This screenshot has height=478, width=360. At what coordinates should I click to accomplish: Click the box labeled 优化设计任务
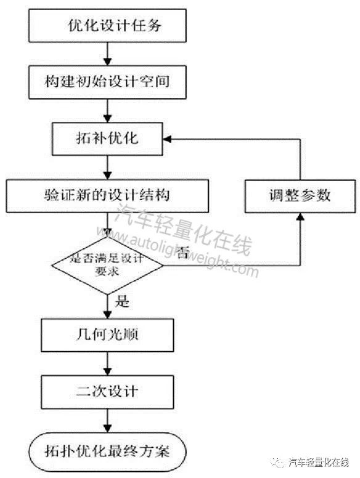point(107,26)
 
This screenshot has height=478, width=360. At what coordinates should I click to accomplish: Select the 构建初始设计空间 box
point(107,82)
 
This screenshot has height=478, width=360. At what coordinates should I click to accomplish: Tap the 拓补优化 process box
point(107,139)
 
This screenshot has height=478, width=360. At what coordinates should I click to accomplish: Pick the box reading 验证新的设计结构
point(107,196)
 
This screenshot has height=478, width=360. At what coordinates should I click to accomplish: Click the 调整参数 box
point(300,196)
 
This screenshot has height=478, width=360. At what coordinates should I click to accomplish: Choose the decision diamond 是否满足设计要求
point(107,265)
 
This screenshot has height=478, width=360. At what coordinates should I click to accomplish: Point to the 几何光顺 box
point(107,335)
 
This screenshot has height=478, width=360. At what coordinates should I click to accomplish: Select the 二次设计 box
point(107,392)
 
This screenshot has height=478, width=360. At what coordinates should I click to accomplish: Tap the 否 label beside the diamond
point(182,253)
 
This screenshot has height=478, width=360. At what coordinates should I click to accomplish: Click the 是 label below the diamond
point(122,301)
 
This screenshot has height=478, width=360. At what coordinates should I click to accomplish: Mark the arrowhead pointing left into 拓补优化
point(168,139)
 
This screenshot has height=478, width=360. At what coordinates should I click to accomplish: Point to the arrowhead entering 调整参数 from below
point(300,217)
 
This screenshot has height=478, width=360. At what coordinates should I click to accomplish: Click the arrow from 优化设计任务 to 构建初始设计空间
point(107,54)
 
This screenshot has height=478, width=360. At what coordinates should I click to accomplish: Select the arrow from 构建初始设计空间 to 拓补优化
point(107,111)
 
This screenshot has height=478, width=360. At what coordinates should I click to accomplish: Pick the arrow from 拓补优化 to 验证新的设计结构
point(107,168)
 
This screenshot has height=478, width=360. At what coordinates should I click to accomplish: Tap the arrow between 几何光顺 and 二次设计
point(107,363)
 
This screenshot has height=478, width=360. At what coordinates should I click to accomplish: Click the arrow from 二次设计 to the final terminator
point(107,421)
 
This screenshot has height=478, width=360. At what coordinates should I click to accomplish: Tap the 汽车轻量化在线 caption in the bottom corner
point(319,463)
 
